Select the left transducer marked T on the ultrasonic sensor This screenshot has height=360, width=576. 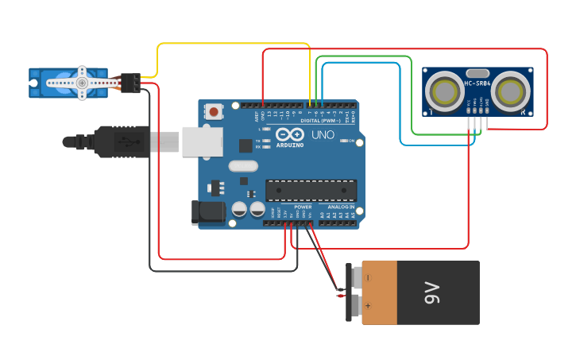click(x=443, y=91)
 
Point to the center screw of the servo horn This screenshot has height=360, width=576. click(x=81, y=82)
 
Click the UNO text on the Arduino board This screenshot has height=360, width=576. click(x=323, y=136)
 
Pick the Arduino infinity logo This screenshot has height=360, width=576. click(x=291, y=134)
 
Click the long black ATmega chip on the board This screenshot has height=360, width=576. click(x=311, y=190)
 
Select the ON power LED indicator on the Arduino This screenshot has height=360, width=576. click(x=342, y=141)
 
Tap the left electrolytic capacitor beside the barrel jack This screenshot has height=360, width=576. click(x=239, y=210)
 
